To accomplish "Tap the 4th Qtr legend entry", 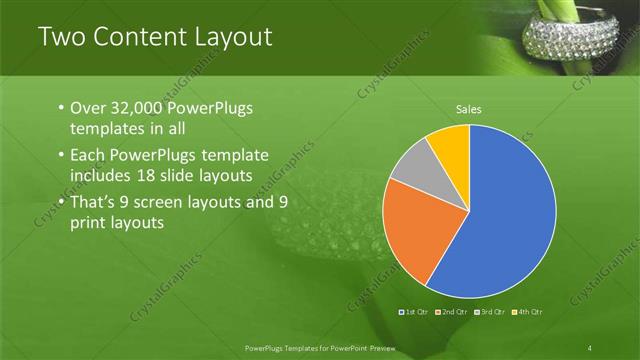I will point(529,314).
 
